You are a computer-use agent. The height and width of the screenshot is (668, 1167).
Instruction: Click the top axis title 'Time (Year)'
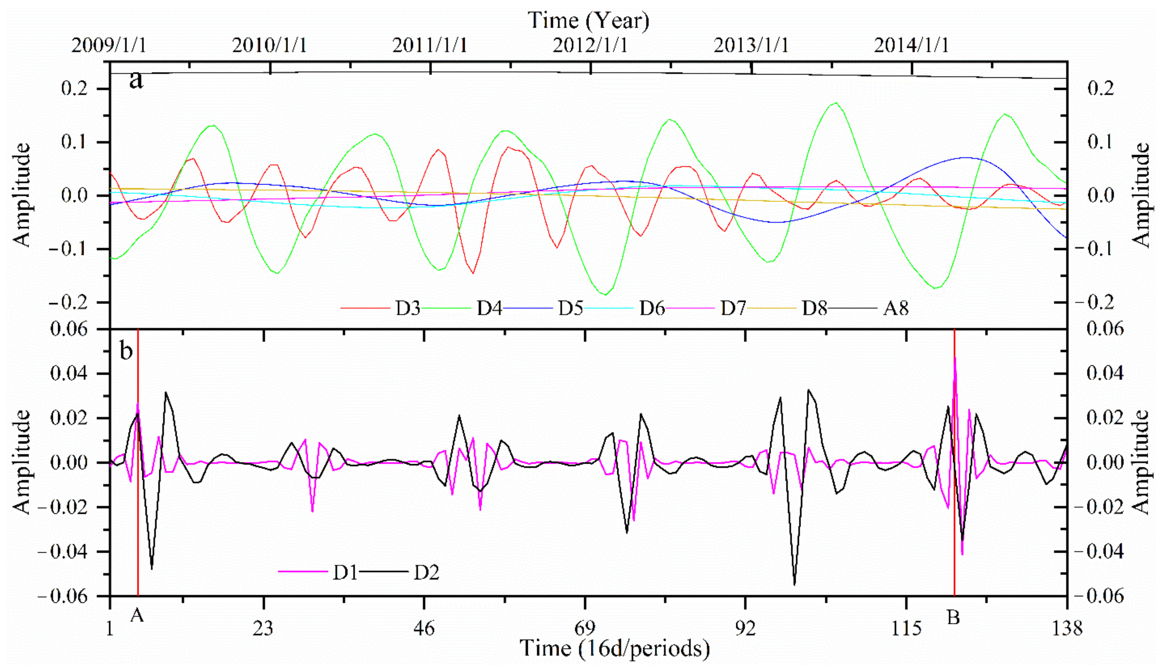[x=589, y=21]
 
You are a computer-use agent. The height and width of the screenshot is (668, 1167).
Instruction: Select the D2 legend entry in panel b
[x=426, y=572]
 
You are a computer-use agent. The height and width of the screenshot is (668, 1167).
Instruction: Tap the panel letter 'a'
[x=136, y=80]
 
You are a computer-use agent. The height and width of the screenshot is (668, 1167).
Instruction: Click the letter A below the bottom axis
[x=137, y=615]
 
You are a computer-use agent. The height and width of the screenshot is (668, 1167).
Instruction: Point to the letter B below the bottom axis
[x=953, y=618]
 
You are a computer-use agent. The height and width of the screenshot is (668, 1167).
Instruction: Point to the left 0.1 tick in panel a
[x=74, y=142]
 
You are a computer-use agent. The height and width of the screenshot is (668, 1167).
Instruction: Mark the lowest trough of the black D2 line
[x=794, y=585]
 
